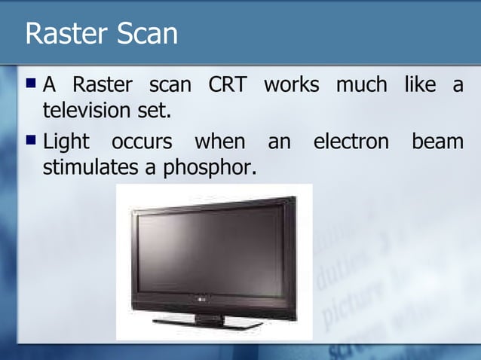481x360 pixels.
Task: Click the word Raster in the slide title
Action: coord(63,33)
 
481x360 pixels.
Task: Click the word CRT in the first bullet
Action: coord(228,85)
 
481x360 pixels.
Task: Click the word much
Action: coord(361,85)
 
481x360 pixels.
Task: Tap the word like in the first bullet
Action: coord(419,85)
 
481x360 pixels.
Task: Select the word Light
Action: coord(66,142)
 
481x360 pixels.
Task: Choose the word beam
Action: coord(437,142)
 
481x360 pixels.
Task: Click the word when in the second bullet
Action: coord(219,142)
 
